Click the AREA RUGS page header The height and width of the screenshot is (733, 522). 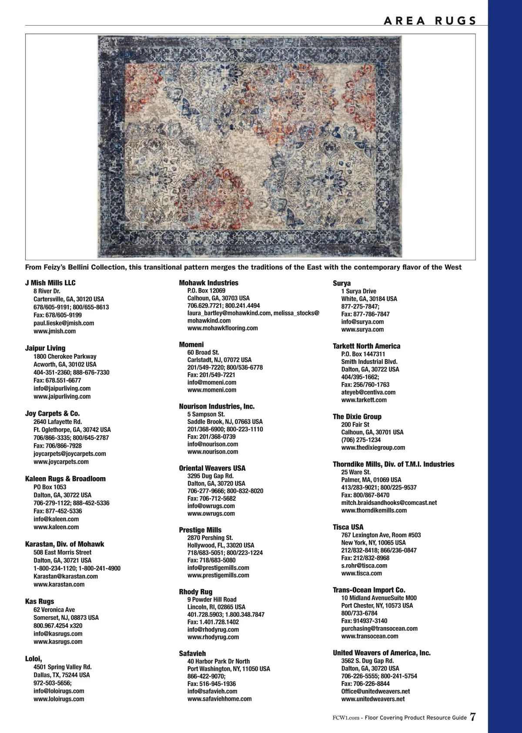(430, 20)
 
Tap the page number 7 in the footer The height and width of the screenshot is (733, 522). (473, 717)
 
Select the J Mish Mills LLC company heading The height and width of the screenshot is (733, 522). (50, 283)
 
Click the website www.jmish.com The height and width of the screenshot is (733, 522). (55, 331)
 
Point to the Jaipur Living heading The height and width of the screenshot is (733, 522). (45, 348)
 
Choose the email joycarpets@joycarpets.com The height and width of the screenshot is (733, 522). (70, 454)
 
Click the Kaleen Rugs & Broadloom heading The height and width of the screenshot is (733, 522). (65, 479)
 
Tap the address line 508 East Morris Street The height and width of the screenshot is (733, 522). (63, 552)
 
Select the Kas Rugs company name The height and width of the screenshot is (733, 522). (40, 602)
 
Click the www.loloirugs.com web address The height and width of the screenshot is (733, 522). (59, 699)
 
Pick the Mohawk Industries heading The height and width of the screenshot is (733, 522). (209, 283)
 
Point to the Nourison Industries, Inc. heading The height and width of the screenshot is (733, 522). (217, 407)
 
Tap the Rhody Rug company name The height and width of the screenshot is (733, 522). (196, 592)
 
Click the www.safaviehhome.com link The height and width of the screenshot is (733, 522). (220, 699)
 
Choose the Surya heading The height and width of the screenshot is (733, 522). (342, 283)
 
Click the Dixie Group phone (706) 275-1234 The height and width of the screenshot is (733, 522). (361, 440)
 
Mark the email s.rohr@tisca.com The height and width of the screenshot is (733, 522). (364, 565)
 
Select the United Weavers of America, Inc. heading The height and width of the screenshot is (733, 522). (381, 653)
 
